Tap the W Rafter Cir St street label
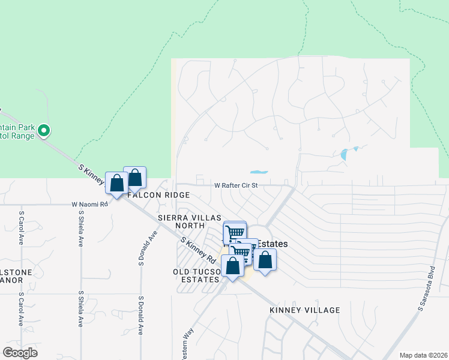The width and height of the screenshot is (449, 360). (x=236, y=185)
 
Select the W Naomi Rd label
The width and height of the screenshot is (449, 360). (x=89, y=204)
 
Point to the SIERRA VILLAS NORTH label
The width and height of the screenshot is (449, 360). (x=190, y=221)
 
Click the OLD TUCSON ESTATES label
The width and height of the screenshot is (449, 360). (x=197, y=275)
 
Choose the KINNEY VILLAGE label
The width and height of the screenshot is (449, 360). (x=305, y=310)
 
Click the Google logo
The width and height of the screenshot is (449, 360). (x=20, y=353)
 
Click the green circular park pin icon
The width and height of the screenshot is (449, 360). (x=43, y=130)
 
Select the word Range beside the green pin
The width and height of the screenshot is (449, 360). (x=23, y=135)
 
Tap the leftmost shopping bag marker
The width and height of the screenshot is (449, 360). (x=116, y=183)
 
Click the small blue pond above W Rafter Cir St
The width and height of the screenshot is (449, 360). (x=259, y=172)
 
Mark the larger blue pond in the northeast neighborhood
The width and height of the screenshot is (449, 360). (x=345, y=154)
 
